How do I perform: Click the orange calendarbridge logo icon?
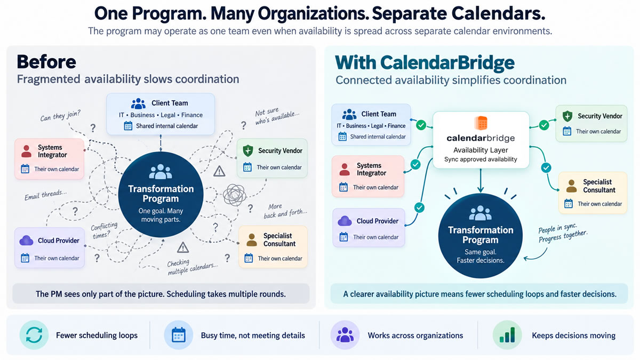pos(481,123)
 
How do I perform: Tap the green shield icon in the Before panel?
pos(247,150)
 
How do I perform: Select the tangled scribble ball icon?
pos(234,195)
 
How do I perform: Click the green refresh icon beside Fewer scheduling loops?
pos(34,335)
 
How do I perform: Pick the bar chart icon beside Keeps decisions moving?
pos(507,335)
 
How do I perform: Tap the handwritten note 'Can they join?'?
pos(60,116)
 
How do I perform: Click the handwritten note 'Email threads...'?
pos(45,195)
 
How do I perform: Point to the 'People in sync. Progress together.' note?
pos(562,233)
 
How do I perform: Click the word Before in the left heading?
pos(46,62)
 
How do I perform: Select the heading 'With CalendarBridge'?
pos(425,62)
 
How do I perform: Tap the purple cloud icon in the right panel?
pos(345,221)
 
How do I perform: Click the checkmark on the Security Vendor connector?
pos(544,125)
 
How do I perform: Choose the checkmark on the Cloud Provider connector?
pos(419,207)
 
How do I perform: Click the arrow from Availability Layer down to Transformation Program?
pos(481,180)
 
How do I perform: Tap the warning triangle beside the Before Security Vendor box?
pos(219,171)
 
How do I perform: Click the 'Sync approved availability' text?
pos(481,159)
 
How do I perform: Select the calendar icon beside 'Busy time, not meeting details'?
pos(179,335)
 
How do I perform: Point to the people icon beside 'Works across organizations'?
pos(345,334)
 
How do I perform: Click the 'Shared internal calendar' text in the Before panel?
pos(167,126)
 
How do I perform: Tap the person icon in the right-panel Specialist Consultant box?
pos(571,186)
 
